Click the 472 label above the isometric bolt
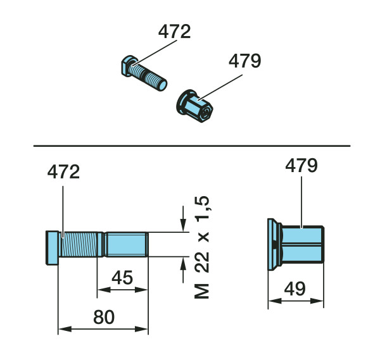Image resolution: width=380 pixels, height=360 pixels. coord(175,32)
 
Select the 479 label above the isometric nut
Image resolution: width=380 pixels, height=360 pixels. coord(244,61)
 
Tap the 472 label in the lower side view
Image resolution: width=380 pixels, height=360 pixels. coord(63,171)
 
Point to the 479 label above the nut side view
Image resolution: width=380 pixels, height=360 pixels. coord(301,166)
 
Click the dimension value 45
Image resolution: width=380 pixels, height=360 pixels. coord(122,278)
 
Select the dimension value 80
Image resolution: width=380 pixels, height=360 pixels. coord(104,317)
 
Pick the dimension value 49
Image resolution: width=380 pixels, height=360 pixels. coord(295,289)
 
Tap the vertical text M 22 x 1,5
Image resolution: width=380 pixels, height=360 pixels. coord(202,247)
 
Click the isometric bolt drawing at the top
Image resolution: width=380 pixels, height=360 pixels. coord(144,73)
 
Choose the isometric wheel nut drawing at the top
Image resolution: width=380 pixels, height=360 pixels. coord(194,106)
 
